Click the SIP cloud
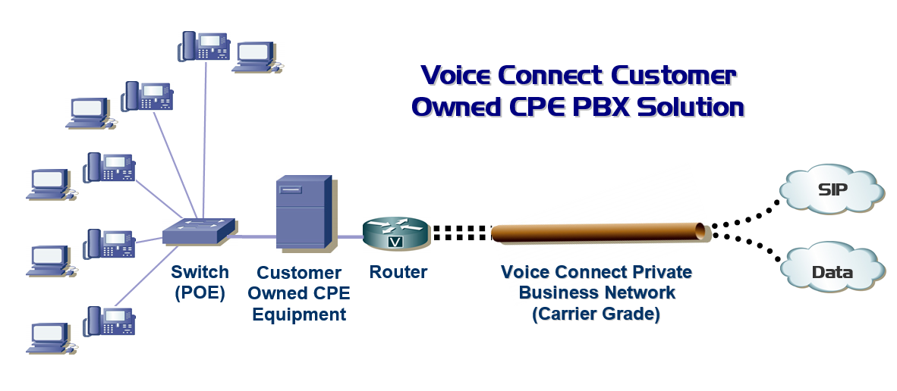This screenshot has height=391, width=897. (x=833, y=188)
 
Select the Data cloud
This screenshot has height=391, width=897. (x=833, y=271)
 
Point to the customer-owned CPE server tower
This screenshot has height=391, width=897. (x=303, y=213)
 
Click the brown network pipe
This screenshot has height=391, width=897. (x=600, y=232)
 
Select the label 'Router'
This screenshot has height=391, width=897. (x=398, y=272)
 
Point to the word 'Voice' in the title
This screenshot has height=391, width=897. (x=455, y=76)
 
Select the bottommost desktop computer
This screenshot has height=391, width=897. (x=52, y=337)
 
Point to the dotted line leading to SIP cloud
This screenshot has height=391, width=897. (x=746, y=214)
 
